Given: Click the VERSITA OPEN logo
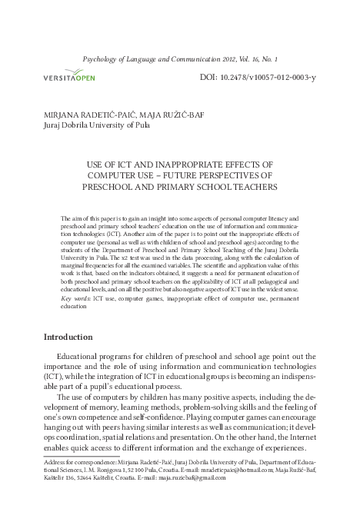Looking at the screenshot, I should tap(75, 77).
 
